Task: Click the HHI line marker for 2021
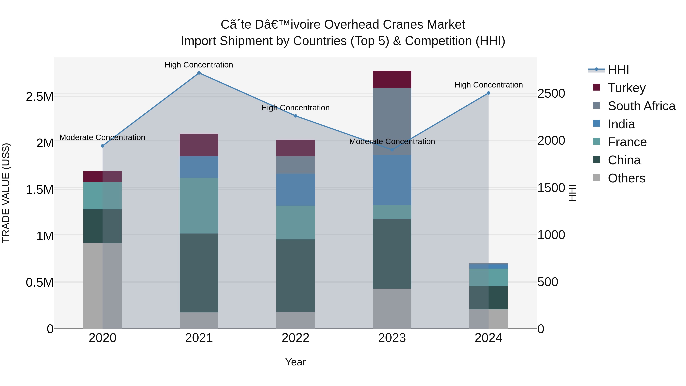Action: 199,73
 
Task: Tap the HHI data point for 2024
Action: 488,93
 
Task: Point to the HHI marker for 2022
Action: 295,116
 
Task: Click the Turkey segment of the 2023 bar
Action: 392,79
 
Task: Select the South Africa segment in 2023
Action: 392,121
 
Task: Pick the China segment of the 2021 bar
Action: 199,273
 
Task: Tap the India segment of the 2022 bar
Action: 295,190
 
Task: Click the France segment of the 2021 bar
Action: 199,206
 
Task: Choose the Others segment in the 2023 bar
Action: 392,309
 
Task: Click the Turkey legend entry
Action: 626,88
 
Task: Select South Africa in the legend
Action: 641,106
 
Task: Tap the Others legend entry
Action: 626,178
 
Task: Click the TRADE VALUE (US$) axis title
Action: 6,193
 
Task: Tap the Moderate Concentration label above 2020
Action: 102,137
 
